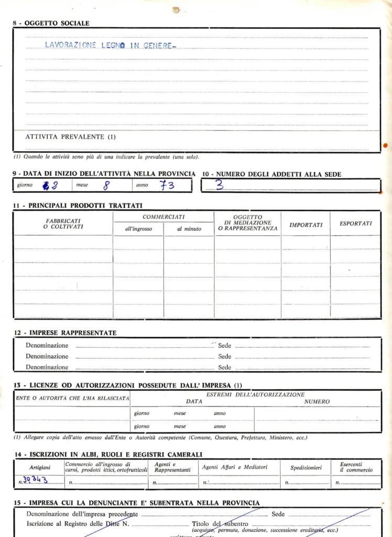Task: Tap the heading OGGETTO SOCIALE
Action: (x=55, y=23)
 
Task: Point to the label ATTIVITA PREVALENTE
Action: (x=70, y=137)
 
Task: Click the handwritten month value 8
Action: (x=106, y=185)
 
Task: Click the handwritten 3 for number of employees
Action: (x=219, y=185)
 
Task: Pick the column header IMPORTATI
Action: (x=306, y=225)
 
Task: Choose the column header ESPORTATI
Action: (x=356, y=223)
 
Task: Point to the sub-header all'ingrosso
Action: (x=138, y=229)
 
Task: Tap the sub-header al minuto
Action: (x=189, y=229)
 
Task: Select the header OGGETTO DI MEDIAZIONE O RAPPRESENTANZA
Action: (x=248, y=223)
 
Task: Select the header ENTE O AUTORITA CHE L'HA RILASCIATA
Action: (x=72, y=399)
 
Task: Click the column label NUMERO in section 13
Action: (x=317, y=402)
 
